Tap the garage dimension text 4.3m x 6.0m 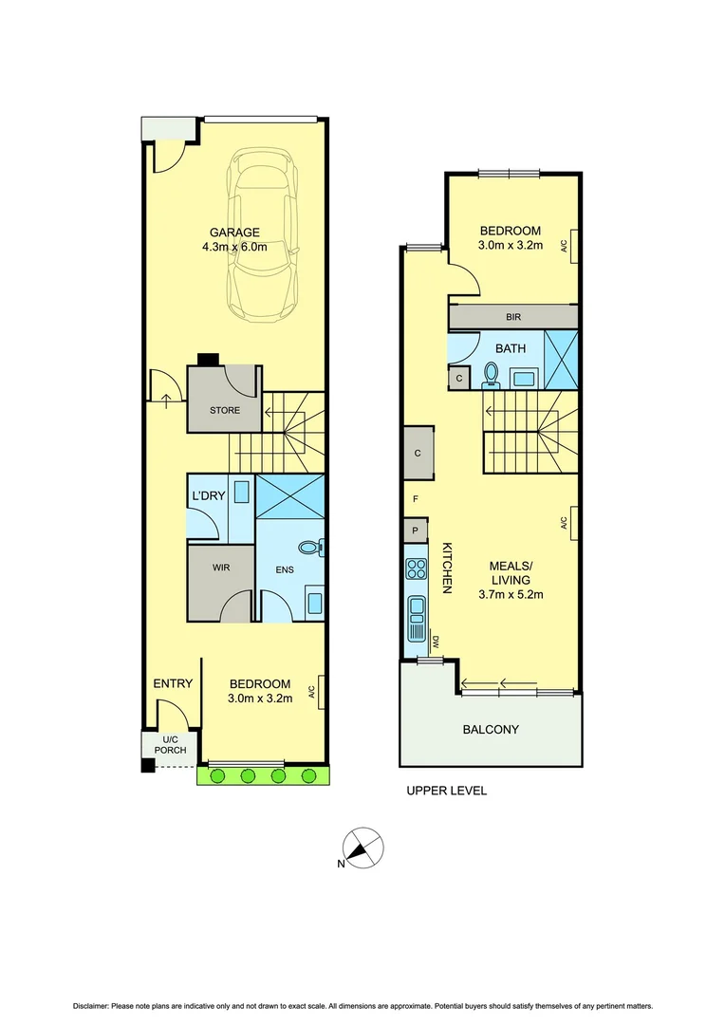234,248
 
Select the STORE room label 224,411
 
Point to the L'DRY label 208,496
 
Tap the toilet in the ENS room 310,548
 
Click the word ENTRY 173,683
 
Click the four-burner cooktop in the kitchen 416,569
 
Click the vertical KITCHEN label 446,568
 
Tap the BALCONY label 491,730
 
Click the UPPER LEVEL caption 446,791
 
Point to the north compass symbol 363,848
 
